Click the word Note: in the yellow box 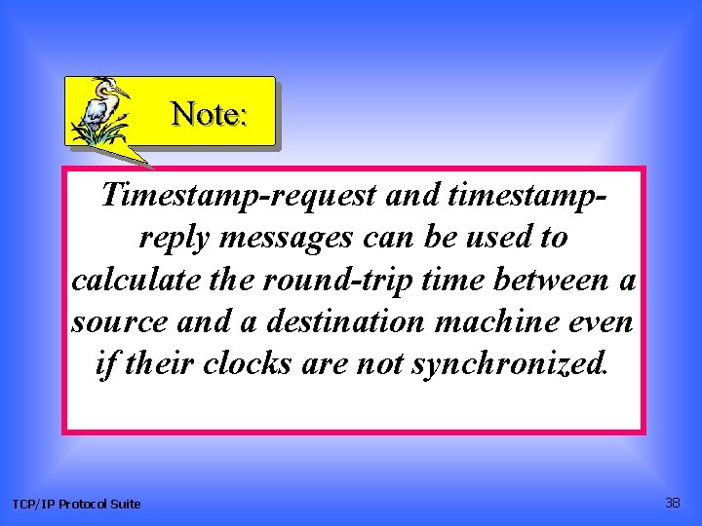tap(210, 115)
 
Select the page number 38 tap(672, 503)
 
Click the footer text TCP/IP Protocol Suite tap(76, 504)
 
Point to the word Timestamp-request tap(239, 196)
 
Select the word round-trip tap(319, 280)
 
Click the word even tap(604, 321)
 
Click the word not tap(381, 363)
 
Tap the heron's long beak tap(122, 93)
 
